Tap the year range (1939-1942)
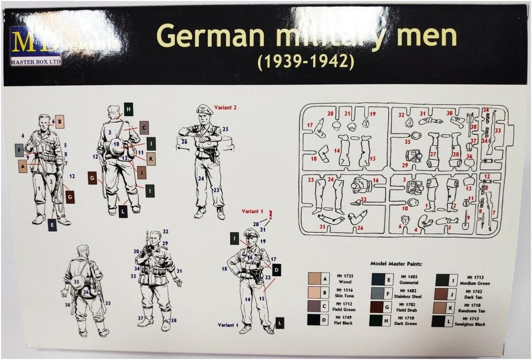tap(306, 62)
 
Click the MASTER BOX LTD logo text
tap(35, 62)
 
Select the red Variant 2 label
tap(225, 108)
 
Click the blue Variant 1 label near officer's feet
tap(228, 325)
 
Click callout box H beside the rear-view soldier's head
tap(128, 109)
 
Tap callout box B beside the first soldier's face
tap(60, 122)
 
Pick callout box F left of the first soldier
tap(19, 151)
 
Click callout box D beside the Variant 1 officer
tap(276, 270)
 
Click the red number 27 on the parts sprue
tap(433, 154)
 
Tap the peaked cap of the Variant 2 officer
tap(204, 110)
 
